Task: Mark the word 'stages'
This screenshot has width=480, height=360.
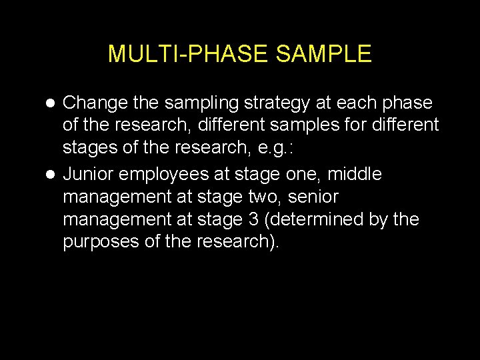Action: [87, 147]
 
